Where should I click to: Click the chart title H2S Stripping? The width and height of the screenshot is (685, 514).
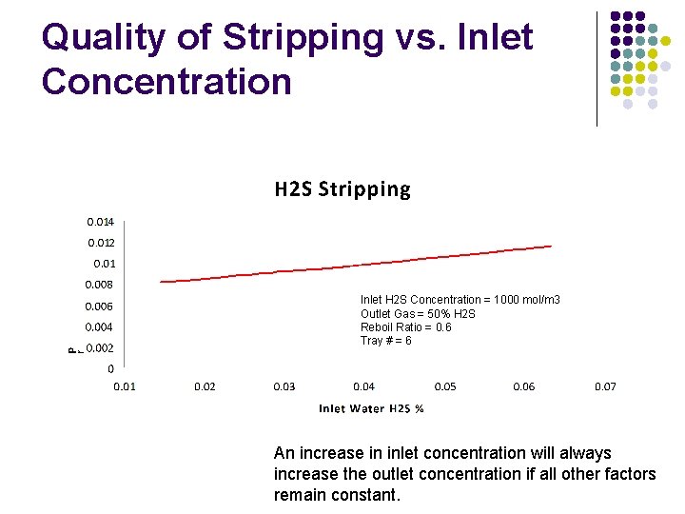coord(342,189)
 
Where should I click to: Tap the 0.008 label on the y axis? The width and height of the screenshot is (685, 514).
coord(99,285)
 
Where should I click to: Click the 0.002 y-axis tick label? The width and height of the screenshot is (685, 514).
coord(101,348)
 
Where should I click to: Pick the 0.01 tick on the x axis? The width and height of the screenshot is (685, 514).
coord(125,386)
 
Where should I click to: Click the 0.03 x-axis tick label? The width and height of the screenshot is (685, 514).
coord(284,386)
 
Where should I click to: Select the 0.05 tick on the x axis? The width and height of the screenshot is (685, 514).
coord(445,386)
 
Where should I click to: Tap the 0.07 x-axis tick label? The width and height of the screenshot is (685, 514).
coord(605,386)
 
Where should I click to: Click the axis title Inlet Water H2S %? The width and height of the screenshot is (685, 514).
coord(371,409)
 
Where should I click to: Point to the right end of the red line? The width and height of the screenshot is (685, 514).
coord(551,247)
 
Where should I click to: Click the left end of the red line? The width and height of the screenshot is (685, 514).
coord(161,281)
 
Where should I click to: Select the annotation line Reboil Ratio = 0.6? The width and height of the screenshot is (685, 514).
coord(406,327)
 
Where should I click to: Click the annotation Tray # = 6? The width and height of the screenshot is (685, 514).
coord(386,341)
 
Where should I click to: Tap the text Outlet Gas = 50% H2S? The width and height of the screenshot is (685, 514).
coord(418,314)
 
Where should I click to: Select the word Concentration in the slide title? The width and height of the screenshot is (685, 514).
coord(166,82)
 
